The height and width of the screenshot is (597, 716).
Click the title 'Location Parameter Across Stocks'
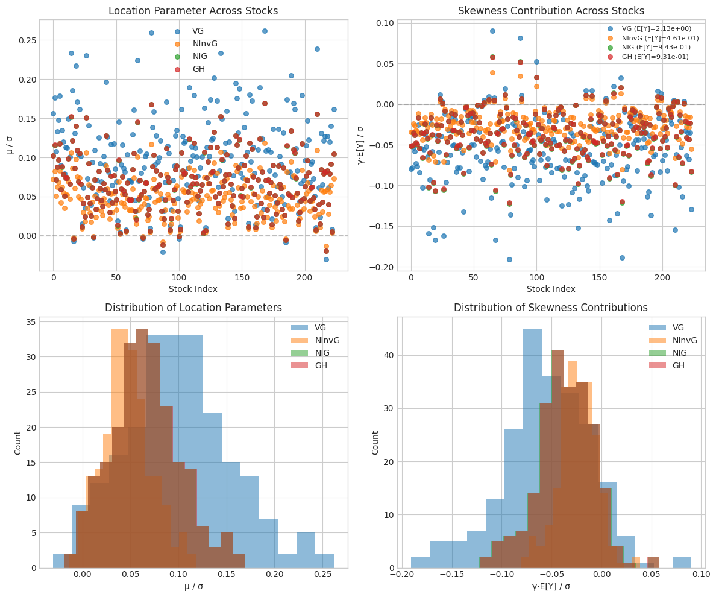193,11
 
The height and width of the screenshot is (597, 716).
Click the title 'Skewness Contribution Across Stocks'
551,11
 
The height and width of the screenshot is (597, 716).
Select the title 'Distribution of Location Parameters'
193,308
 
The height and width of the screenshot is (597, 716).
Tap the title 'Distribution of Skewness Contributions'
551,308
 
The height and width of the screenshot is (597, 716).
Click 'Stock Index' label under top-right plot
551,289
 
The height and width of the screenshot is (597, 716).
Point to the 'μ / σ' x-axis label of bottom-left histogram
193,587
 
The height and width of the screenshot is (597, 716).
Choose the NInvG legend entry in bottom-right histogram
682,340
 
